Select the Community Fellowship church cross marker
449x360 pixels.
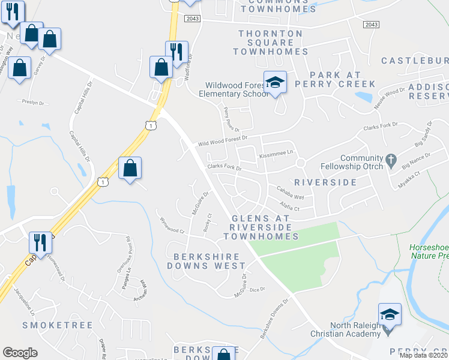pyautogui.click(x=391, y=160)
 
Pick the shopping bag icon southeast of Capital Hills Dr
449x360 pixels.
pyautogui.click(x=130, y=169)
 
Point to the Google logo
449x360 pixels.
pyautogui.click(x=20, y=353)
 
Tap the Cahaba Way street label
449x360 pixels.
pyautogui.click(x=290, y=193)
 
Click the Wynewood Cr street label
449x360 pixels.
pyautogui.click(x=170, y=226)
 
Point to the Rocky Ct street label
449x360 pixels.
pyautogui.click(x=208, y=222)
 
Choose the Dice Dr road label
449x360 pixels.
pyautogui.click(x=257, y=289)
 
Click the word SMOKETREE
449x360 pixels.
pyautogui.click(x=57, y=325)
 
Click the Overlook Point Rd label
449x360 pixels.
pyautogui.click(x=127, y=248)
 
